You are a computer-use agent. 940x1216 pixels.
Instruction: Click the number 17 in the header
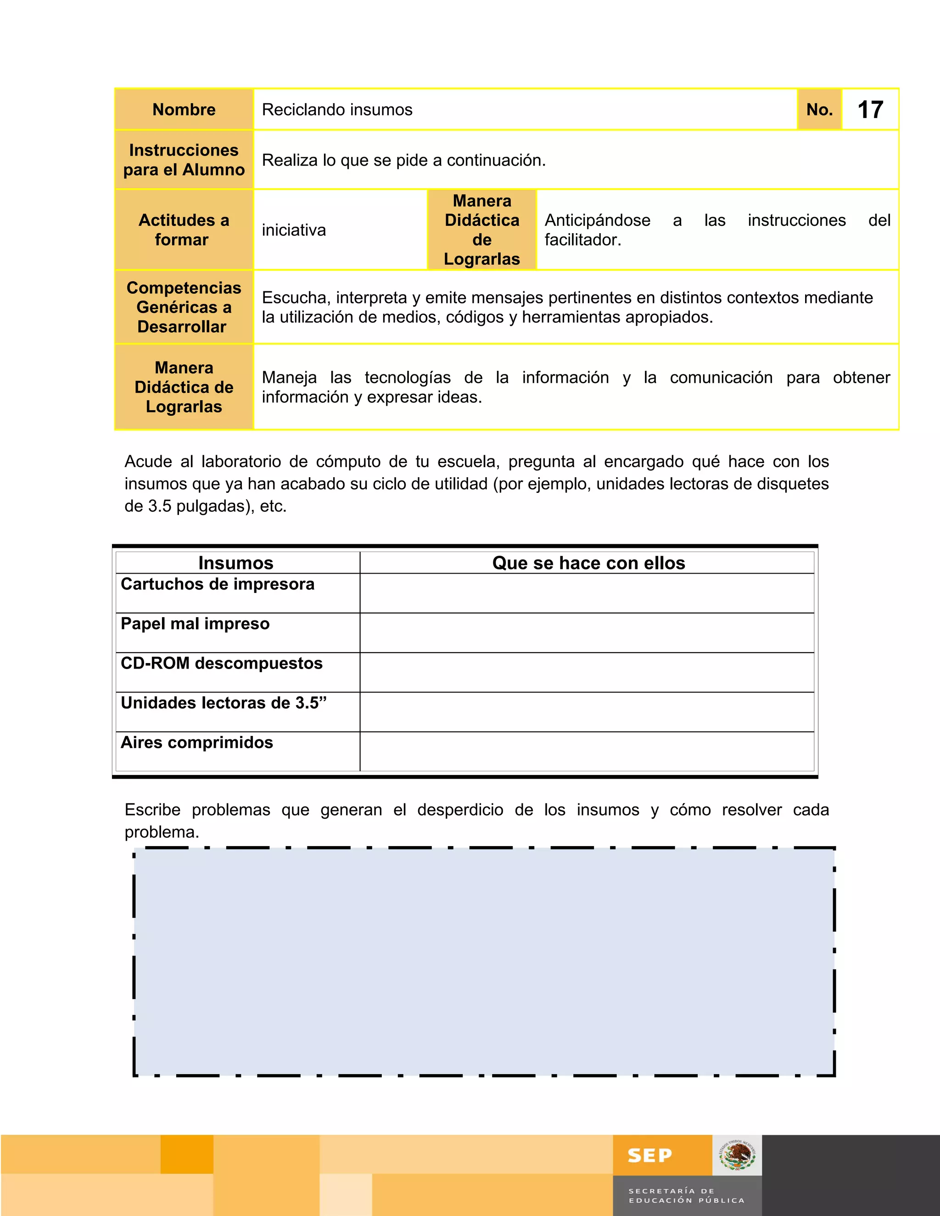(870, 110)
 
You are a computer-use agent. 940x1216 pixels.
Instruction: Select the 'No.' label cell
(819, 110)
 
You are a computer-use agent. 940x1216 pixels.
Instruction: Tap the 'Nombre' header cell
(184, 110)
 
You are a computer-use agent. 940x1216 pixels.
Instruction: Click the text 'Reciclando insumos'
(337, 110)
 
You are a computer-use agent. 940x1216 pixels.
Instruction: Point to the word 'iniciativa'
(293, 230)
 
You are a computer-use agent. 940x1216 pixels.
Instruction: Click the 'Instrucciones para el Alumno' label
(184, 160)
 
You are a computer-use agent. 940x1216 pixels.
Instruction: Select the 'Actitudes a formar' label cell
(184, 230)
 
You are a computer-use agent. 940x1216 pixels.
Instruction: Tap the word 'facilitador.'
(582, 240)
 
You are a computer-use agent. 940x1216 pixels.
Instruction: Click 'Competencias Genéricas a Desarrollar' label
(184, 307)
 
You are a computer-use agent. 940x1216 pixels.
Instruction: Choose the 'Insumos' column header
(235, 563)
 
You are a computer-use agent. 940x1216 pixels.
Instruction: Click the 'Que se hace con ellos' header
(588, 563)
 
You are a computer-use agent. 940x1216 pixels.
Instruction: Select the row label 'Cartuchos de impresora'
(217, 584)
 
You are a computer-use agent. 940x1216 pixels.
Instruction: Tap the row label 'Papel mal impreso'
(195, 624)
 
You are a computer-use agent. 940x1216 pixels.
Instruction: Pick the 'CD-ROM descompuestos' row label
(221, 663)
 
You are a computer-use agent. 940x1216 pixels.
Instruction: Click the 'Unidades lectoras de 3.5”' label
(224, 703)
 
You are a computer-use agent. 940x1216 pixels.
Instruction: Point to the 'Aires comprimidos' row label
(196, 742)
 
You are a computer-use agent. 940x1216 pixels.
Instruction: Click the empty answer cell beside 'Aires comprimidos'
(587, 751)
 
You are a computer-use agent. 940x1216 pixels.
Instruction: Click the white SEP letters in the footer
(649, 1156)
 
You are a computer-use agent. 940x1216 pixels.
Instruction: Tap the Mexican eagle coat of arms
(737, 1155)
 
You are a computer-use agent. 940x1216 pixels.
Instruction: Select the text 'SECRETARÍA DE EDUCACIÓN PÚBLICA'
(686, 1195)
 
